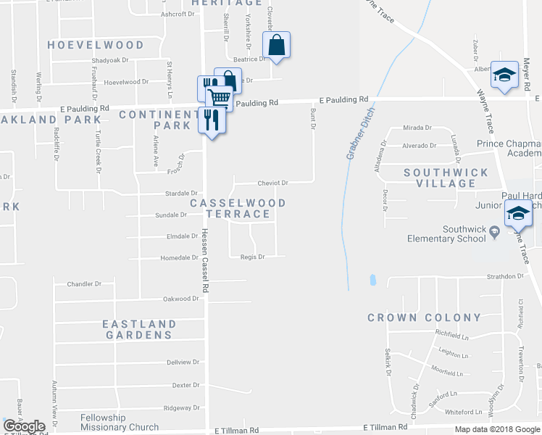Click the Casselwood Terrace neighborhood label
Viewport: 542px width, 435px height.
pyautogui.click(x=238, y=209)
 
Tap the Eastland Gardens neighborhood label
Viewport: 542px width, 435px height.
pyautogui.click(x=138, y=329)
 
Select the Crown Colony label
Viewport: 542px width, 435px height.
pyautogui.click(x=424, y=318)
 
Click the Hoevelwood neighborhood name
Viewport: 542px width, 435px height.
pyautogui.click(x=96, y=45)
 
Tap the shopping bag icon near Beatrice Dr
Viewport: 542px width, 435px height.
pyautogui.click(x=277, y=46)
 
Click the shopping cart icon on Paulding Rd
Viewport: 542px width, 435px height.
pyautogui.click(x=219, y=97)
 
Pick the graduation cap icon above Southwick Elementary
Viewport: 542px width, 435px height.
pyautogui.click(x=518, y=214)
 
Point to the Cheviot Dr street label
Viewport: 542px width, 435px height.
pyautogui.click(x=272, y=183)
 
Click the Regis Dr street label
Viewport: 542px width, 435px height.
pyautogui.click(x=252, y=257)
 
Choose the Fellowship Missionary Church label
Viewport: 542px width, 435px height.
pyautogui.click(x=120, y=422)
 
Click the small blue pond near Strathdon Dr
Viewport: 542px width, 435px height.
pyautogui.click(x=372, y=279)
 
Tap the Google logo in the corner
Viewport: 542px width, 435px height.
pyautogui.click(x=25, y=426)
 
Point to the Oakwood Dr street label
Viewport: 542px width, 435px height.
pyautogui.click(x=180, y=299)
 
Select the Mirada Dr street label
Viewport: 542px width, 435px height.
pyautogui.click(x=417, y=128)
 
